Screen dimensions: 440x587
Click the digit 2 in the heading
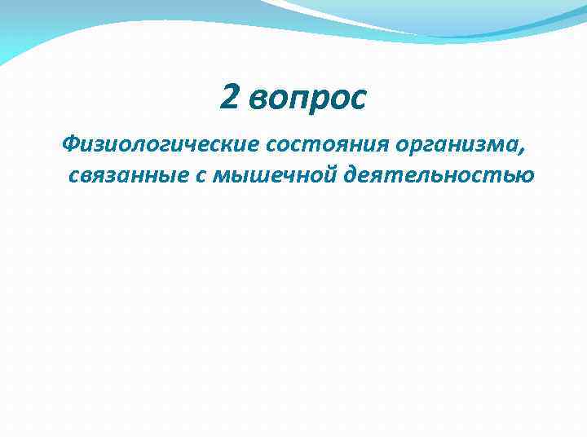tap(230, 99)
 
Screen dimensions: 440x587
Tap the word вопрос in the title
tap(308, 100)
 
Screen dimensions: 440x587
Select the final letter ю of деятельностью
tap(525, 174)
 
